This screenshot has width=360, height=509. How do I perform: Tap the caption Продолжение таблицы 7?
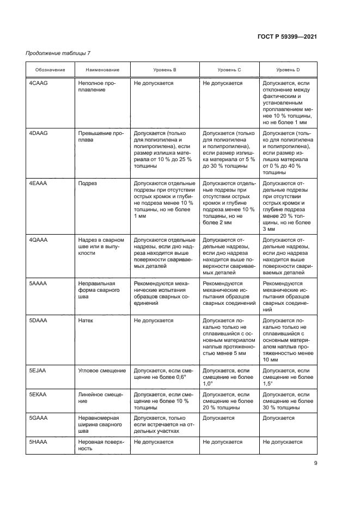58,53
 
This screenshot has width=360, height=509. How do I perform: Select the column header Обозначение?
50,70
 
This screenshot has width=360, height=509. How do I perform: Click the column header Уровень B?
164,70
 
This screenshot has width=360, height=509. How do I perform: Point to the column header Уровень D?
288,70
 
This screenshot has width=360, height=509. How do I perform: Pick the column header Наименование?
102,70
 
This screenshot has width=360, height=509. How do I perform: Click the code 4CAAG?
39,83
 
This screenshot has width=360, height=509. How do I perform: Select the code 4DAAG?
39,133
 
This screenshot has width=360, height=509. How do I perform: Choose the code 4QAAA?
39,240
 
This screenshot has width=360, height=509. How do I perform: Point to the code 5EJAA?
38,370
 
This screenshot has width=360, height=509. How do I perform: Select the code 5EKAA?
38,394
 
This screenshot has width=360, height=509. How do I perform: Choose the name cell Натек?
86,321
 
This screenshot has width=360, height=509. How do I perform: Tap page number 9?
315,463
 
